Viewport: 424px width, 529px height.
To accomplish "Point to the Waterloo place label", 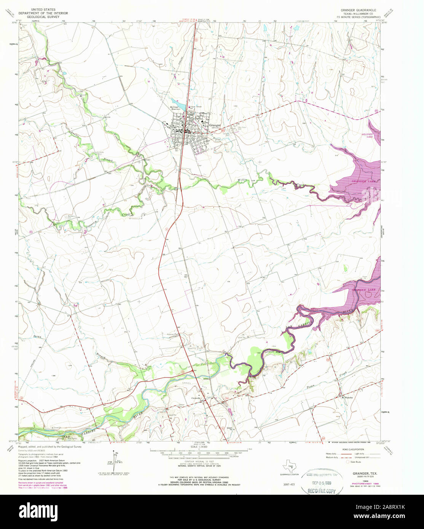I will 349,397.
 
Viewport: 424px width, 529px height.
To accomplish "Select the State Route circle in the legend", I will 347,461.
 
